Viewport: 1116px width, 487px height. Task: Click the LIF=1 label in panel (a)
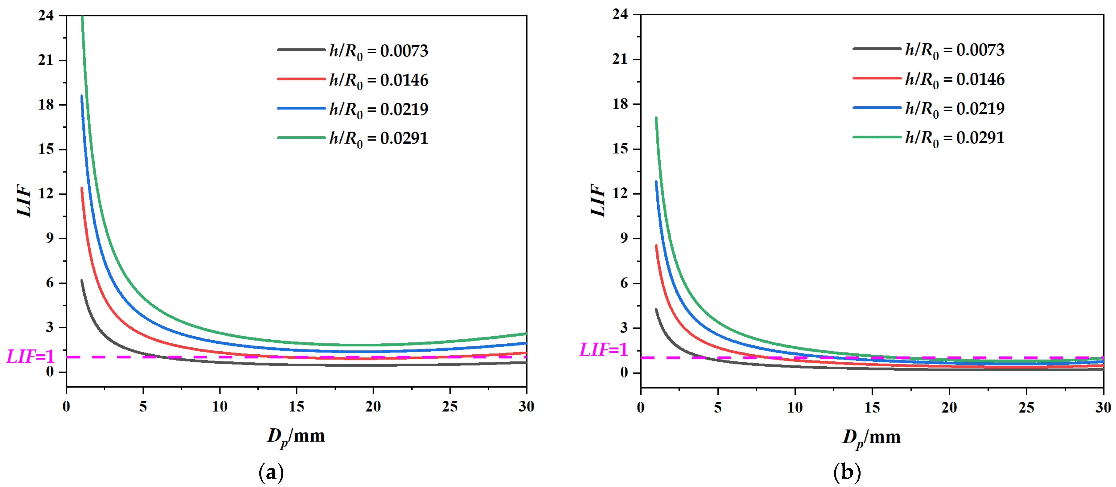pyautogui.click(x=30, y=357)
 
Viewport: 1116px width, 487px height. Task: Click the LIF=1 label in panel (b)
pyautogui.click(x=603, y=350)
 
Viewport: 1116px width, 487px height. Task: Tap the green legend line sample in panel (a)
pyautogui.click(x=301, y=137)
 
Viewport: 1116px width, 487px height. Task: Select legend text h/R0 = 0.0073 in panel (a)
pyautogui.click(x=378, y=51)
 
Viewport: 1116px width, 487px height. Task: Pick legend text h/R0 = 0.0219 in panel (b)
pyautogui.click(x=954, y=109)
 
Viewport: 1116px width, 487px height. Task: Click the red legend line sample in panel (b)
pyautogui.click(x=877, y=78)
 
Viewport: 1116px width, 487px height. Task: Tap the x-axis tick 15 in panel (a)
pyautogui.click(x=296, y=406)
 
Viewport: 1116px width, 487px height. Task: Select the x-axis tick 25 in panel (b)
pyautogui.click(x=1026, y=407)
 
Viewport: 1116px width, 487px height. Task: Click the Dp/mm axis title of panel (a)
pyautogui.click(x=296, y=435)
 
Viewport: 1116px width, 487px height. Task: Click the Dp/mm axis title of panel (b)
pyautogui.click(x=871, y=437)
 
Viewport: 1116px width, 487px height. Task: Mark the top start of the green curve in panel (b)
pyautogui.click(x=656, y=118)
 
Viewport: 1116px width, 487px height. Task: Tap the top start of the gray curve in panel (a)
pyautogui.click(x=81, y=281)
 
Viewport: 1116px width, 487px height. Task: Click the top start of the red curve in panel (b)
pyautogui.click(x=656, y=246)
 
